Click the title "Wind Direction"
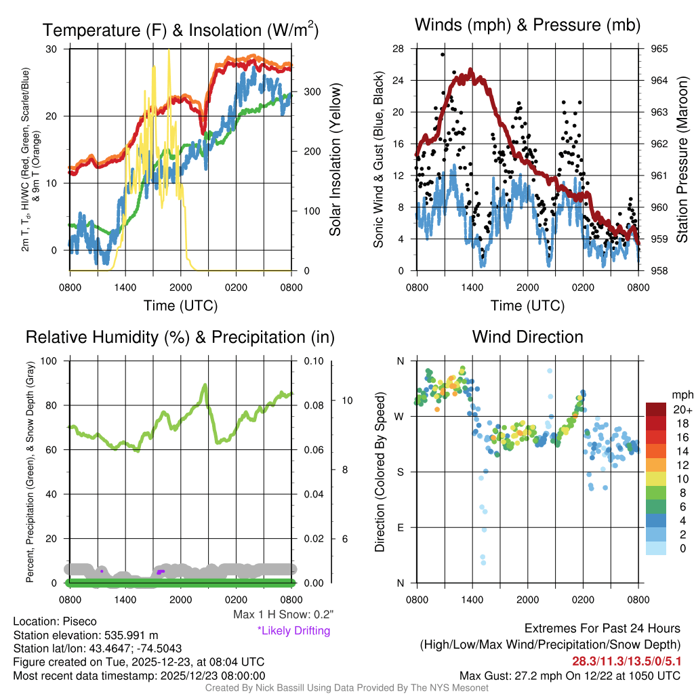click(527, 337)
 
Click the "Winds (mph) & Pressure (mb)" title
click(527, 26)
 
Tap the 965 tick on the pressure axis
click(659, 49)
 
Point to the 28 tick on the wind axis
click(398, 49)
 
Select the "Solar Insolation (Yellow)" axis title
click(335, 160)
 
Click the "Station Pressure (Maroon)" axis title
click(682, 160)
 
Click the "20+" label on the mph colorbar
click(681, 409)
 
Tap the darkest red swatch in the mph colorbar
click(657, 409)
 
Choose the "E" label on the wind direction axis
click(400, 527)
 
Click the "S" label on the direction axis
click(400, 472)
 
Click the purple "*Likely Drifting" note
click(293, 631)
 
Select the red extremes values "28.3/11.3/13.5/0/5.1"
click(622, 661)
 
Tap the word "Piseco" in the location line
click(80, 621)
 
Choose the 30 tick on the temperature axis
click(52, 49)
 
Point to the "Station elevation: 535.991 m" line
click(85, 635)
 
